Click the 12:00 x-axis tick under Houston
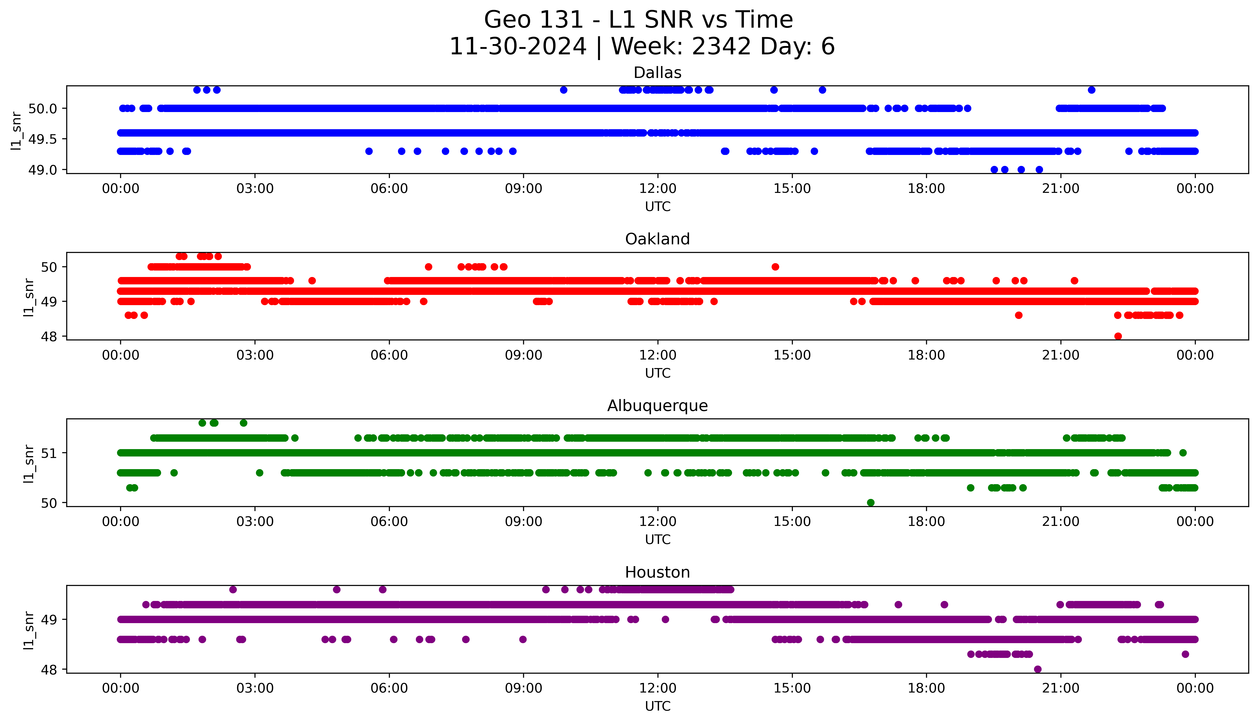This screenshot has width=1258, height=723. point(657,688)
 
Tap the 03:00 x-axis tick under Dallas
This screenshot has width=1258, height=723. point(255,189)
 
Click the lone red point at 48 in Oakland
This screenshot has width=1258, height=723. point(1118,336)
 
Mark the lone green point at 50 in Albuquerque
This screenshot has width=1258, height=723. point(871,503)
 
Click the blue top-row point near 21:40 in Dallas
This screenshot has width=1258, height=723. point(1091,90)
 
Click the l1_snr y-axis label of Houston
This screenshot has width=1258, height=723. point(29,630)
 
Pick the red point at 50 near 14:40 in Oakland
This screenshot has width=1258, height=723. point(775,267)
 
